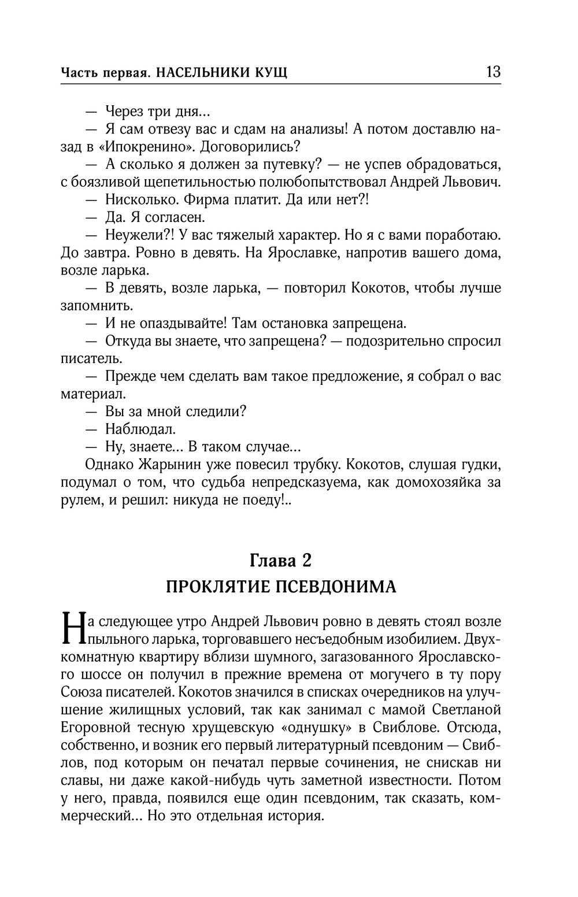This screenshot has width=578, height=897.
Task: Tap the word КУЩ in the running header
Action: (x=272, y=73)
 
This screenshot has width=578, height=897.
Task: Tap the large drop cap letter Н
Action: (x=72, y=629)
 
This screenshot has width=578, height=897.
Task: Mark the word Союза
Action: (x=81, y=692)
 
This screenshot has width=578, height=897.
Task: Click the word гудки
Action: (x=481, y=464)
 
